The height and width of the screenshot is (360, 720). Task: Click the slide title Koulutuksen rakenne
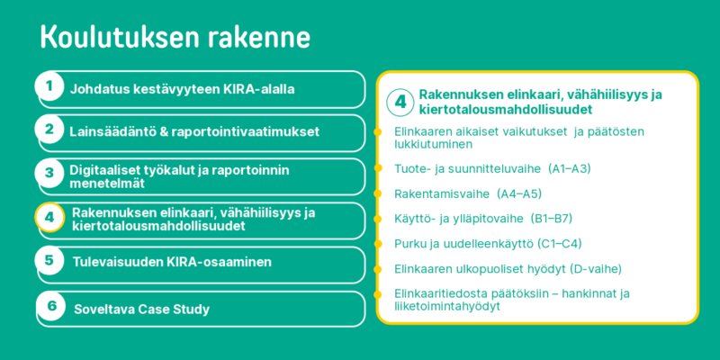point(175,37)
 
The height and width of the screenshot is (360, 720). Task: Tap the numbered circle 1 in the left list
point(49,86)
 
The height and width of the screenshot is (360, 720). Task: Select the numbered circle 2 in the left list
point(49,130)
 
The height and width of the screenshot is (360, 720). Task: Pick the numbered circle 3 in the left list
point(49,173)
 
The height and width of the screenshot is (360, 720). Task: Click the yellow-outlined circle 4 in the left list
point(49,217)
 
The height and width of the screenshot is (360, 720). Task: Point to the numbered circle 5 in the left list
point(49,260)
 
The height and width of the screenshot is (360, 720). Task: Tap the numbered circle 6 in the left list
point(51,305)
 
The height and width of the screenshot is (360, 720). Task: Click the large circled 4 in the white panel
point(400,102)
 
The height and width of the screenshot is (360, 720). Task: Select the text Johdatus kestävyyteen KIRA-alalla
point(183,89)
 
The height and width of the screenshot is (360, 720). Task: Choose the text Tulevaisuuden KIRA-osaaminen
point(172,262)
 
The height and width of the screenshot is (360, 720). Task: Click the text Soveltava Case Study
point(142,309)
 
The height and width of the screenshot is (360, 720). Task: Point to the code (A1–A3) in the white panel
point(570,169)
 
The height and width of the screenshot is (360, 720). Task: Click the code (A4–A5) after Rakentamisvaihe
point(519,193)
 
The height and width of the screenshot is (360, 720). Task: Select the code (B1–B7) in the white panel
point(551,219)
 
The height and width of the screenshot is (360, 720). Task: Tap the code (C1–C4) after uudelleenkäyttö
point(560,243)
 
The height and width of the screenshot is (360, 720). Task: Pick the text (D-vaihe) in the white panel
point(595,268)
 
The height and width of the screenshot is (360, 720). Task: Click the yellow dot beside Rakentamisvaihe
point(378,193)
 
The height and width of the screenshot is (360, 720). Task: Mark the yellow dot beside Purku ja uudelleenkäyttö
point(378,243)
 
